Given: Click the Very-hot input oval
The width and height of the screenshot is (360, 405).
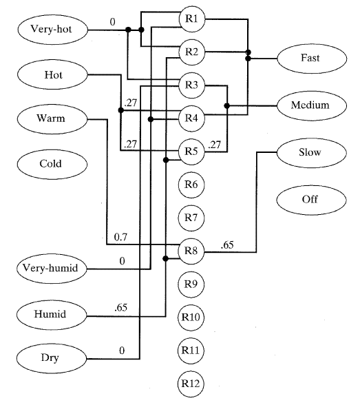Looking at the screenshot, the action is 53,30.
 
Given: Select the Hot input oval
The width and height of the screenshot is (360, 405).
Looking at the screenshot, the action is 52,75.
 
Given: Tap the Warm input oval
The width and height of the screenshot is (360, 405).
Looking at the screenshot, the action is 52,119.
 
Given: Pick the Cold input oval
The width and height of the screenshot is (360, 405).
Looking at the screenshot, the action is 52,164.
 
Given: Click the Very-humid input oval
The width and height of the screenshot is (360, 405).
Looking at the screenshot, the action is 52,269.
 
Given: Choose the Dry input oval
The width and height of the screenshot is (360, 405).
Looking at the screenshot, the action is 52,358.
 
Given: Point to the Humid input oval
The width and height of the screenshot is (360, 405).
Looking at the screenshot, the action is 52,315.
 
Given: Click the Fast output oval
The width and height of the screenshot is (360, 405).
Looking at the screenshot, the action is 312,59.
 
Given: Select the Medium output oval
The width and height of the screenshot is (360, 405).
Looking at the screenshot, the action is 312,105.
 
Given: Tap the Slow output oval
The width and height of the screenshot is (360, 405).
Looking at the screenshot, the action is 312,153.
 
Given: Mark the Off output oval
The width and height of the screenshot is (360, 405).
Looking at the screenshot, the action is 312,200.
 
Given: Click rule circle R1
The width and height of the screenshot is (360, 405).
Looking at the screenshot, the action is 192,19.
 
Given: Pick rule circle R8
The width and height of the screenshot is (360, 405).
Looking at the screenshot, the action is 191,251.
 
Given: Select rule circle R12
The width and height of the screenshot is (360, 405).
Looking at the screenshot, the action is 191,384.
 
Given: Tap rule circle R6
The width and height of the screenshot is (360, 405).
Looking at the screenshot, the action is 191,185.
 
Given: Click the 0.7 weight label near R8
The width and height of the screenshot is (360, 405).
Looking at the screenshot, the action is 120,237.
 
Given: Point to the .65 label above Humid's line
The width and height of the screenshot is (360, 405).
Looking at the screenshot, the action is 121,308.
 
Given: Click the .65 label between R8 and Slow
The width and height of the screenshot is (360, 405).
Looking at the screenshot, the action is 227,245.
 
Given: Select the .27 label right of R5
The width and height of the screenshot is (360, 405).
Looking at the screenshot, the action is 215,145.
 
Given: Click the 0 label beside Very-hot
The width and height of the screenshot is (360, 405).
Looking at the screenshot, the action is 112,22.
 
